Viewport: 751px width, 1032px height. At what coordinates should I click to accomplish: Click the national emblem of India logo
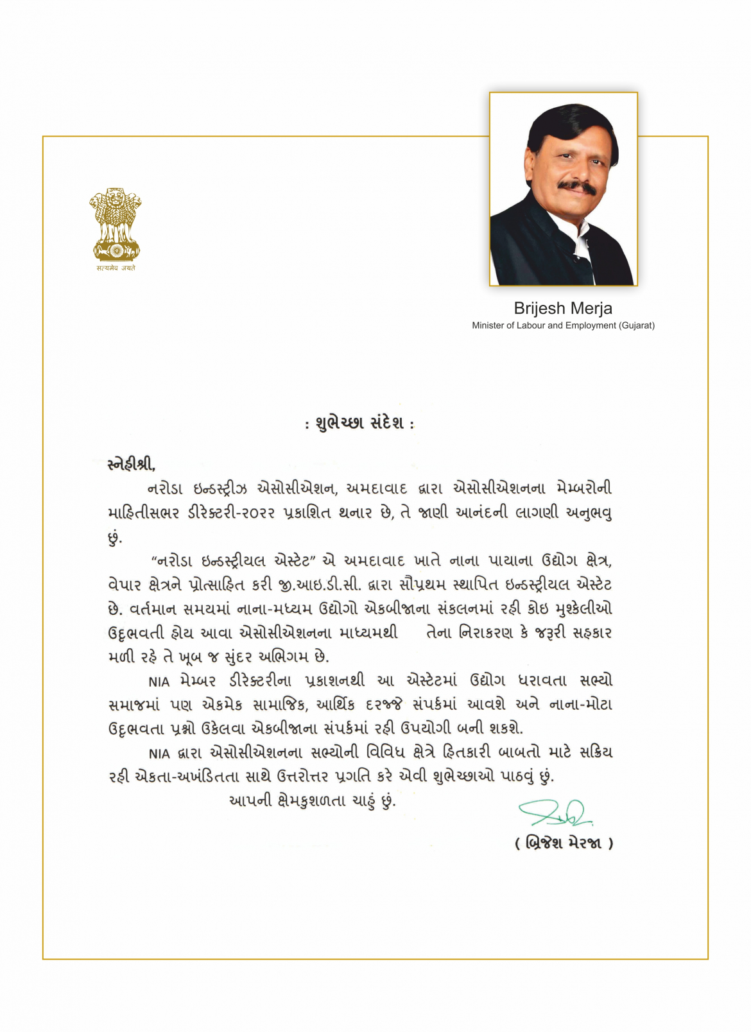115,224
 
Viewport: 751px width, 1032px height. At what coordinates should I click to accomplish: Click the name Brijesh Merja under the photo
563,309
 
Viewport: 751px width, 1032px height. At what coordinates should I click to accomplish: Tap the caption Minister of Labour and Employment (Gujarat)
563,325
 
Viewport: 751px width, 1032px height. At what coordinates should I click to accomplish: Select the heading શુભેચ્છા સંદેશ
359,424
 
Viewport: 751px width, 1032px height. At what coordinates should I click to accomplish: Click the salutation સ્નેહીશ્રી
132,463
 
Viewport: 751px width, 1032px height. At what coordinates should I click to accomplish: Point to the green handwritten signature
556,813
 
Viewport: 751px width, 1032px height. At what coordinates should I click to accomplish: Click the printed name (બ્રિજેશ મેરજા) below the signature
564,843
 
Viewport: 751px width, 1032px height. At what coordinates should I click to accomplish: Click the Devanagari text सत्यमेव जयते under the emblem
116,268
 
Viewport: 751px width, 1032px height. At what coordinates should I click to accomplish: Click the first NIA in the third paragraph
159,681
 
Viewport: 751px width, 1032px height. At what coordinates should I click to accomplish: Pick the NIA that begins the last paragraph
159,753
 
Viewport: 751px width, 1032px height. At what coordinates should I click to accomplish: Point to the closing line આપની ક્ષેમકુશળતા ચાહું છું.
313,801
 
